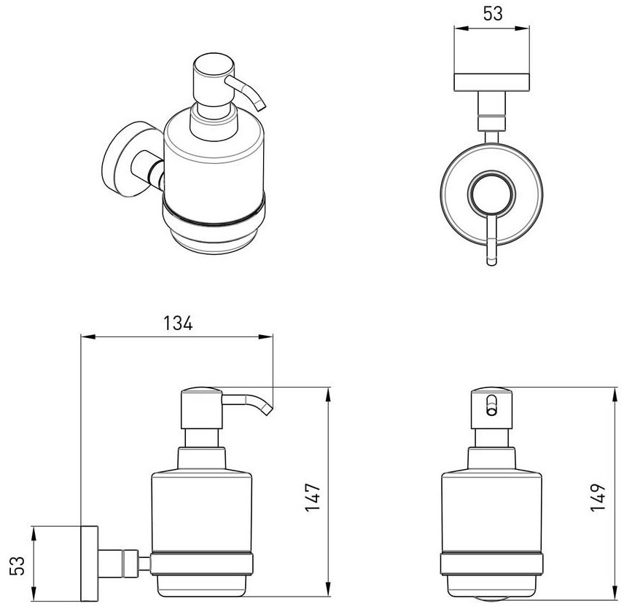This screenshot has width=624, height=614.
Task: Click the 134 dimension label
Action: (178, 323)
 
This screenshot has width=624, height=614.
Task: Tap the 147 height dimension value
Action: (313, 497)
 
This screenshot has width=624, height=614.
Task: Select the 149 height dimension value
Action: (598, 497)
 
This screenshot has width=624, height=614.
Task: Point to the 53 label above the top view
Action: (493, 14)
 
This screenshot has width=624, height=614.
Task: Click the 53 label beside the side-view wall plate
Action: (17, 565)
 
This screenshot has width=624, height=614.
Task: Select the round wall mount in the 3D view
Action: (120, 160)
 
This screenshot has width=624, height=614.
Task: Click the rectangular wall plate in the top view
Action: (492, 82)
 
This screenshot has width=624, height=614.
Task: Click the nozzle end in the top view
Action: (492, 261)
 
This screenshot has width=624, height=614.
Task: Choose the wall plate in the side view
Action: (90, 564)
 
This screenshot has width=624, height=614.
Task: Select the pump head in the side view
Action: (201, 408)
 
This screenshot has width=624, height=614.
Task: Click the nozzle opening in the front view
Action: (492, 405)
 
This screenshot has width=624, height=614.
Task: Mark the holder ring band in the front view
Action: (492, 563)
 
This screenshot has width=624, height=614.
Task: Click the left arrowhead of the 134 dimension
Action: (89, 336)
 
